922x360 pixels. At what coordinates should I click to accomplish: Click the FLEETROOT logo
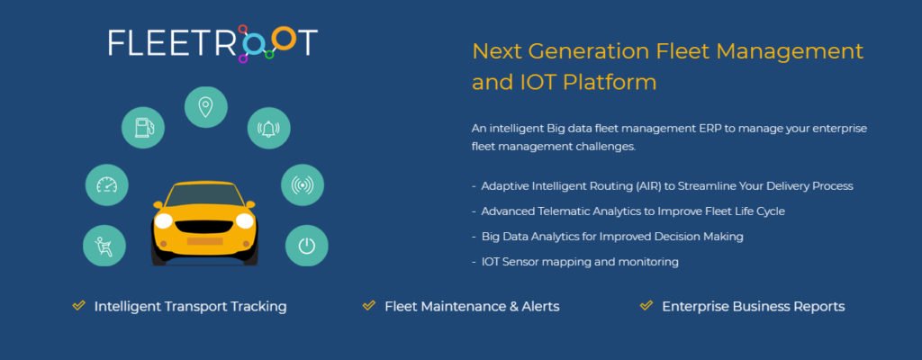(x=212, y=43)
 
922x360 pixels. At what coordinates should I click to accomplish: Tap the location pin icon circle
(x=206, y=108)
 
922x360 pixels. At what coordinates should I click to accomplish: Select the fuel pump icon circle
(x=143, y=127)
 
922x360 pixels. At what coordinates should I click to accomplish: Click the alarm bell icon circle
(x=268, y=128)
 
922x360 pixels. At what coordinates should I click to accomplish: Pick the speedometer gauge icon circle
(x=107, y=185)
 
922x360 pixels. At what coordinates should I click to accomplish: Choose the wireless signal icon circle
(x=303, y=185)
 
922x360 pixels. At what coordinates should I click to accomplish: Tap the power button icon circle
(x=306, y=246)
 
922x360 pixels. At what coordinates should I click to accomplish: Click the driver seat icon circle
(x=104, y=246)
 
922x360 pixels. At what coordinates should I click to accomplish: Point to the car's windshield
(x=204, y=194)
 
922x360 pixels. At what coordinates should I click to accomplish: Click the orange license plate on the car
(x=204, y=241)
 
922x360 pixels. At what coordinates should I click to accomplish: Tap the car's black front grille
(x=204, y=227)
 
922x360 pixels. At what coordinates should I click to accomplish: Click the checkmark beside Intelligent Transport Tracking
(x=79, y=305)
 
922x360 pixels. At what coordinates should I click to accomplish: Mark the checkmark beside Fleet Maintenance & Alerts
(x=369, y=305)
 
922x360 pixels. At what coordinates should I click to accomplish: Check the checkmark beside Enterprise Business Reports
(x=646, y=305)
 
